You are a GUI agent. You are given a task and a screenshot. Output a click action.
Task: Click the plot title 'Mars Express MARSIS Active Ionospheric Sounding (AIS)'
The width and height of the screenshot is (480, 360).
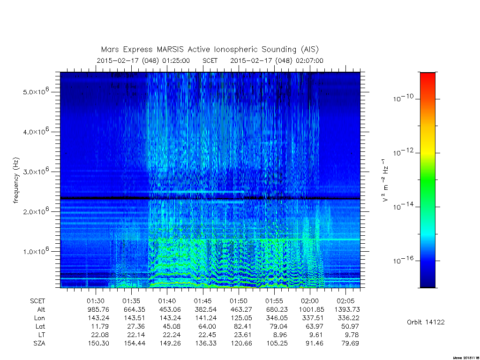point(210,49)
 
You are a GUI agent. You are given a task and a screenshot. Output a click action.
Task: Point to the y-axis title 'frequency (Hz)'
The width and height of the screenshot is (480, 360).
point(16,180)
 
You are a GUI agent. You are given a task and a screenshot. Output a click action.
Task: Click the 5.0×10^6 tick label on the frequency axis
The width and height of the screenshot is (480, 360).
point(36,91)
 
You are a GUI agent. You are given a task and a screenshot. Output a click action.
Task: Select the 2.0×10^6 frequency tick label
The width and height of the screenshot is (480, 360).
point(36,210)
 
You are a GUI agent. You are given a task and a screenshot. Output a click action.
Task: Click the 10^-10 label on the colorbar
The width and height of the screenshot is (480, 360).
point(403,98)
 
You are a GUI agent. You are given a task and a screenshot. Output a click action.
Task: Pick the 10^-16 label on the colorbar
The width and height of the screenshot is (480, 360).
point(403,260)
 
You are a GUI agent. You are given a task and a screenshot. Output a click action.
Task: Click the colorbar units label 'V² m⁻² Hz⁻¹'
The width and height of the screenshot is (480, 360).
point(385,180)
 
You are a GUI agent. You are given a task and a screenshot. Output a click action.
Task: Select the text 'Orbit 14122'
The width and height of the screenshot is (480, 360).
point(426,322)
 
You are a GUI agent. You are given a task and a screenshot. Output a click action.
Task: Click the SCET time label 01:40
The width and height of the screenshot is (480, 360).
point(167,301)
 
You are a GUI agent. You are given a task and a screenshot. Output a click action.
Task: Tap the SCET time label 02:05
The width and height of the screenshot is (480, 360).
point(345,301)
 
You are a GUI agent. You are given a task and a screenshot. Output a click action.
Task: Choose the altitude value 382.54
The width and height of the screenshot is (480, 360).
point(206,309)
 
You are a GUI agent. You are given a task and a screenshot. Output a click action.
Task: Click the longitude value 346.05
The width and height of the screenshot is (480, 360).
point(277,318)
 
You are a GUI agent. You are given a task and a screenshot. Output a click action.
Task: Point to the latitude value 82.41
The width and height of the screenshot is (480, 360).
point(242,326)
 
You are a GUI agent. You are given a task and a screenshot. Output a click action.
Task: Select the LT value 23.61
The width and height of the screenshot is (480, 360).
point(242,335)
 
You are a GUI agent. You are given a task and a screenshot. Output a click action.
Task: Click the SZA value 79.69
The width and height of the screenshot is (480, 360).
point(350,344)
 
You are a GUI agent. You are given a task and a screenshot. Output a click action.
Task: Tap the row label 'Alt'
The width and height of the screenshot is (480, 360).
point(41,309)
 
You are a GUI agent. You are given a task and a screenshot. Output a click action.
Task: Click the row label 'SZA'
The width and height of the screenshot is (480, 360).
point(39,344)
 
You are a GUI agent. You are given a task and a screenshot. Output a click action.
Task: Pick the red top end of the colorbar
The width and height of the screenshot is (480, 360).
point(427,74)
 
